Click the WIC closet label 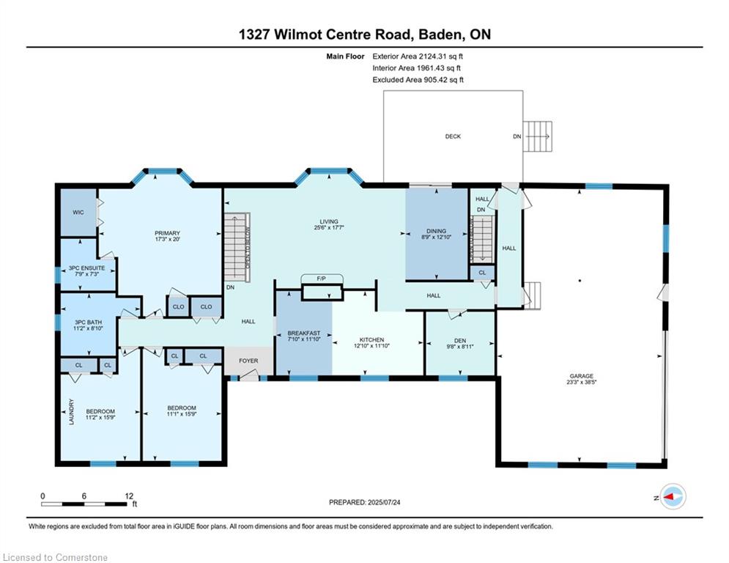(78, 212)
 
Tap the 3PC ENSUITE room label (86, 268)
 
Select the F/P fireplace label (321, 279)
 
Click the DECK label (453, 136)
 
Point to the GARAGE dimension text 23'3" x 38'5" (581, 382)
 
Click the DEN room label (460, 341)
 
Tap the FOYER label (248, 361)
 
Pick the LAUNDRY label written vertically (72, 412)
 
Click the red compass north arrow (669, 497)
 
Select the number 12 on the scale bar (129, 496)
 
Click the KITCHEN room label (372, 339)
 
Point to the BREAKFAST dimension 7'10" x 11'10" (304, 339)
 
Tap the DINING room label (436, 231)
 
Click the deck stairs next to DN (538, 136)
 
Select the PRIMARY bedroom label (167, 233)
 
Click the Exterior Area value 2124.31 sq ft (441, 56)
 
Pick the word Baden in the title (441, 34)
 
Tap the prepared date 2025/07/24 (384, 502)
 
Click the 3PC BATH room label (89, 322)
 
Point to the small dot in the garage (580, 281)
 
